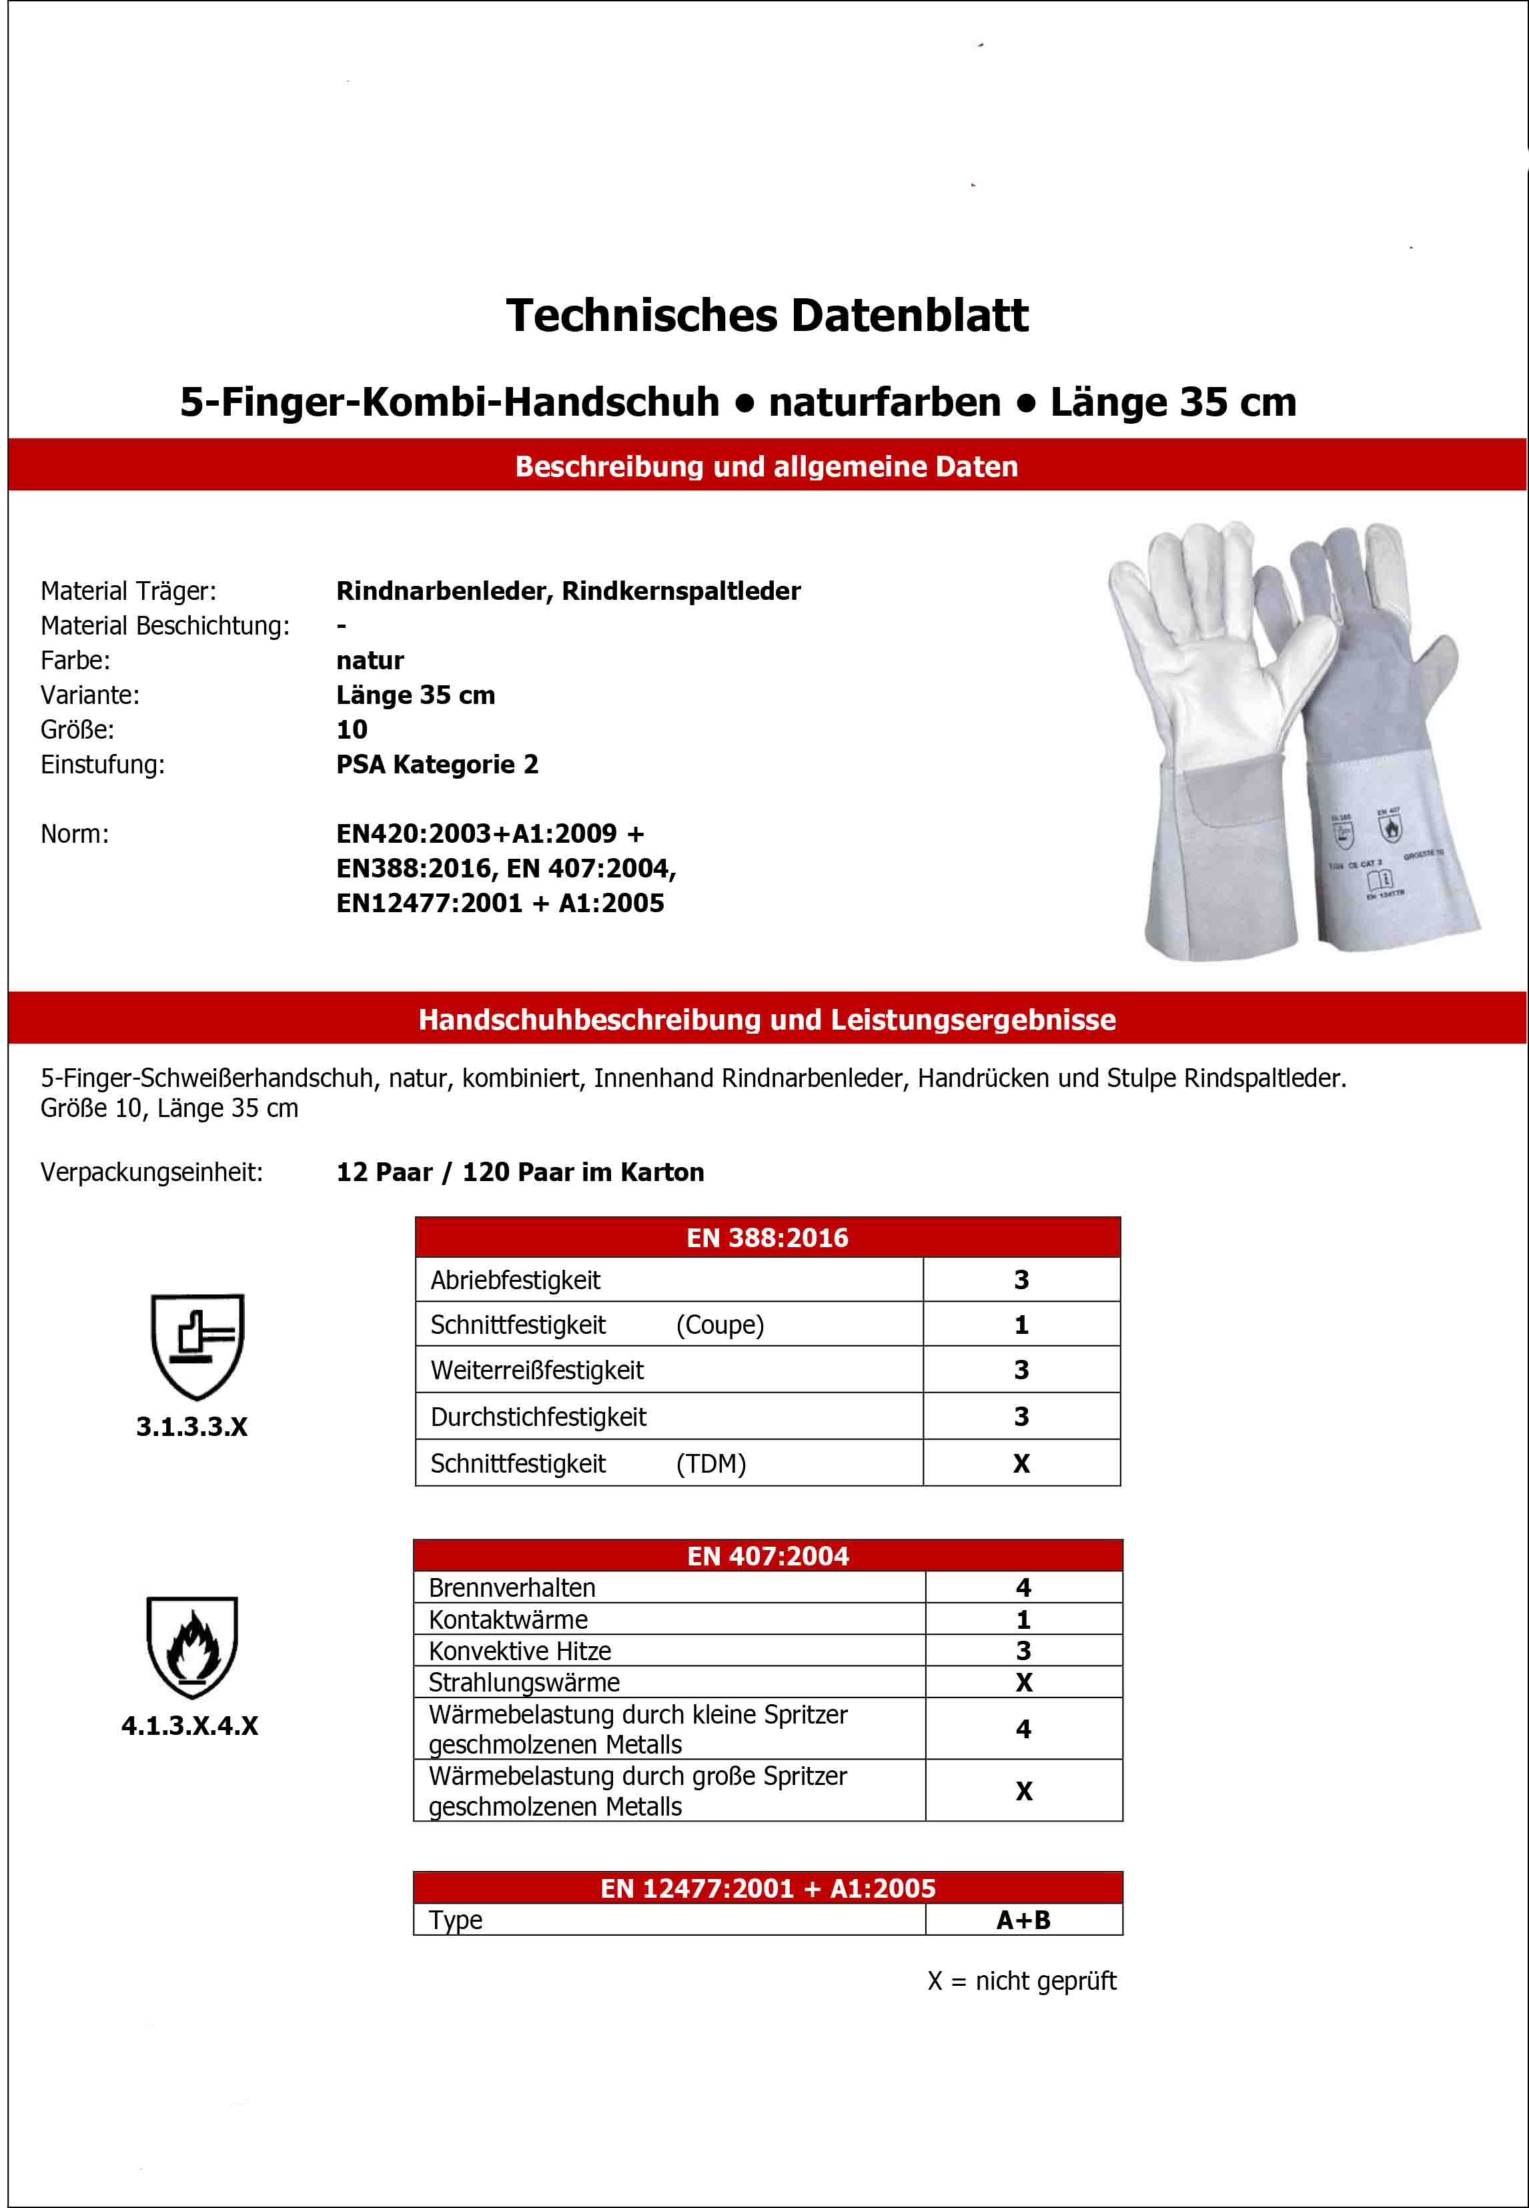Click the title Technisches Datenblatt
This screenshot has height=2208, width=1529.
[x=767, y=316]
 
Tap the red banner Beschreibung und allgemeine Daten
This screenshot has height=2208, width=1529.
[x=767, y=466]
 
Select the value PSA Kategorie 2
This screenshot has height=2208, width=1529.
[x=437, y=765]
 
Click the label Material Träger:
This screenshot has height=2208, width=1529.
[x=128, y=591]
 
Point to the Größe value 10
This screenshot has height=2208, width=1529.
[x=352, y=730]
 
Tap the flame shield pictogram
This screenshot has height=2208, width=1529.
[x=193, y=1646]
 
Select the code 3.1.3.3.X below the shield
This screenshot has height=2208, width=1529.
[x=191, y=1427]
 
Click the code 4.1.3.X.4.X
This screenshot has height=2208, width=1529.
[x=189, y=1726]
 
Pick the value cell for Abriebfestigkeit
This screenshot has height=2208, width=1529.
[x=1021, y=1280]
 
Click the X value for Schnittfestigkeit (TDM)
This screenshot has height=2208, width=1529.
[x=1021, y=1463]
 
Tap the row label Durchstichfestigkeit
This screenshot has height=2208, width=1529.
[x=538, y=1417]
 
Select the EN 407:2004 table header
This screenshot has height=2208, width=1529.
[x=767, y=1555]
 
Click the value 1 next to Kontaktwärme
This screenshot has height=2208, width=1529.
[x=1023, y=1619]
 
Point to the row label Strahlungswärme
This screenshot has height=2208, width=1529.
[x=524, y=1683]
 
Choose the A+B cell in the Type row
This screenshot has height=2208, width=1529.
[x=1023, y=1920]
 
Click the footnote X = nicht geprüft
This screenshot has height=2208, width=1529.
[x=1021, y=1981]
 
